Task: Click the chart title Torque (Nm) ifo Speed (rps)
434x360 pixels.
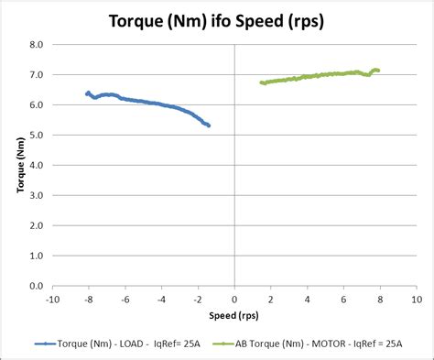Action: point(216,19)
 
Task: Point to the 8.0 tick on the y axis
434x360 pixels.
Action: point(37,44)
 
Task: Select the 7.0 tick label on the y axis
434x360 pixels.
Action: point(37,74)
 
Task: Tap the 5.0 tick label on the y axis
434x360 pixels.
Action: point(37,135)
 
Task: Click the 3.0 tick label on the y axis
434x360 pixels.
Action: point(37,195)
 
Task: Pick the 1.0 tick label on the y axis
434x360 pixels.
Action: point(37,256)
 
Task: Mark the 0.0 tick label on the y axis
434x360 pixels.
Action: point(37,286)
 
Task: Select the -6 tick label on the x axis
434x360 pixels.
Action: point(125,299)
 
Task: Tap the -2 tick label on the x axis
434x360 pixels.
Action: point(197,299)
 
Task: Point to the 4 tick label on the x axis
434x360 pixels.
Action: point(308,299)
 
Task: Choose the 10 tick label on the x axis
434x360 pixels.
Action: point(416,299)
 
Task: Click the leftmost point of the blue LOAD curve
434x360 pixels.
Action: point(88,93)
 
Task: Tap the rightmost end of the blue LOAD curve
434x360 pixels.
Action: point(209,125)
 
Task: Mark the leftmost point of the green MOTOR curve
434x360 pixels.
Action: point(262,82)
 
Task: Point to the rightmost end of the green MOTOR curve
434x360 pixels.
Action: point(377,70)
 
